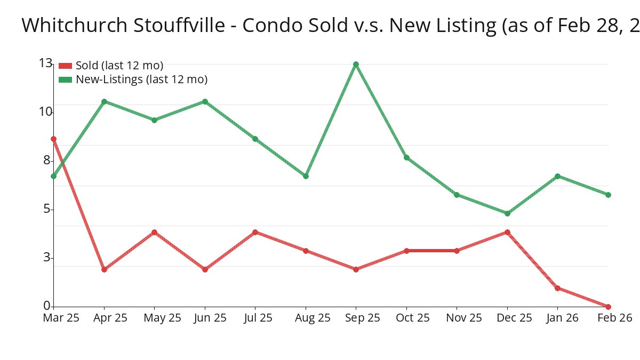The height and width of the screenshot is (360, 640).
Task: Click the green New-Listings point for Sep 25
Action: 356,65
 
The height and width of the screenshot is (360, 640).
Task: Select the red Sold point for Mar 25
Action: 53,139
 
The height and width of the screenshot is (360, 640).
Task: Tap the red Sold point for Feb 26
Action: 608,307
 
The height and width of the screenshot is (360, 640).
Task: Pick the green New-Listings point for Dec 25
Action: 507,213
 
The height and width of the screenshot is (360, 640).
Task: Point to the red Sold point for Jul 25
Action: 255,232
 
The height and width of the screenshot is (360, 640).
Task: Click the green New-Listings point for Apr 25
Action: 104,101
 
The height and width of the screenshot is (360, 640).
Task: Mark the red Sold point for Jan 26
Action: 557,288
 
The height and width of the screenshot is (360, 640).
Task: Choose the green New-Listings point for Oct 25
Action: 406,157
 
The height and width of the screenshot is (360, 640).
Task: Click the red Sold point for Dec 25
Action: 507,232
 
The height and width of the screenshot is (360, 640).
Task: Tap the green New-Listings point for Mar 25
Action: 53,176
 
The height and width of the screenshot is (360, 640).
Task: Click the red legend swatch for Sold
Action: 65,66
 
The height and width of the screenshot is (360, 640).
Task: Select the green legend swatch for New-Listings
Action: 65,79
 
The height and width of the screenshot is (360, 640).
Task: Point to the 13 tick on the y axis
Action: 45,63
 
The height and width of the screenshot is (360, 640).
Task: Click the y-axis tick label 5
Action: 47,209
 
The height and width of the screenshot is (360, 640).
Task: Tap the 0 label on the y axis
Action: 47,306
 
